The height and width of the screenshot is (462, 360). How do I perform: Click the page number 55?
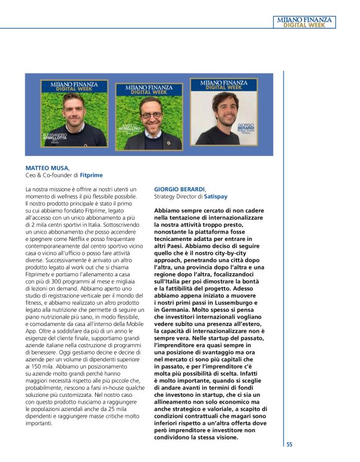tap(289, 444)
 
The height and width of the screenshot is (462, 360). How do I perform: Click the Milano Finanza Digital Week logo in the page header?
tap(304, 22)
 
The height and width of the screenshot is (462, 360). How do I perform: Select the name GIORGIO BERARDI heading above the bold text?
tap(179, 188)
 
